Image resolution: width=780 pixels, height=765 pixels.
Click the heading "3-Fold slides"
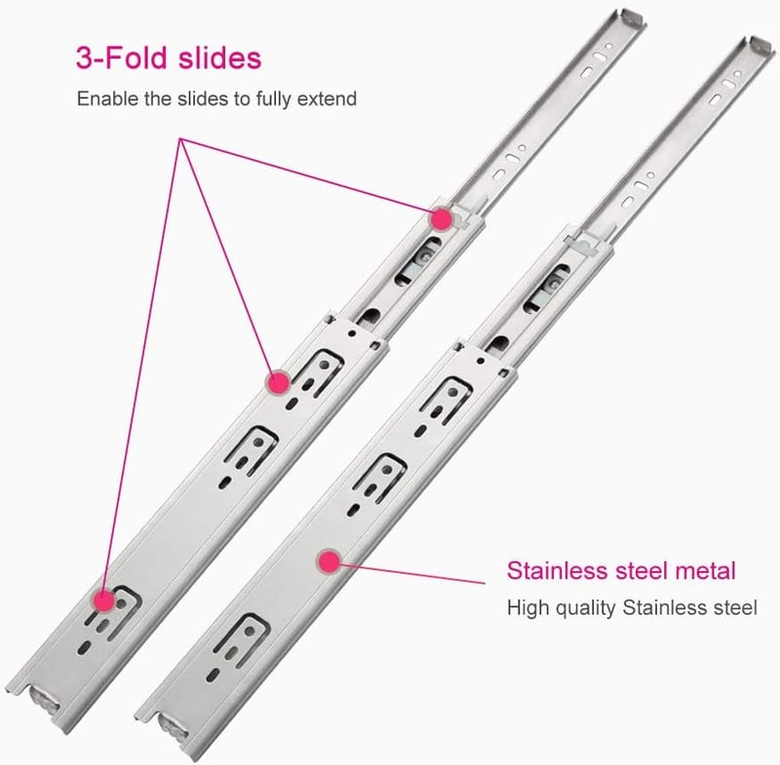pyautogui.click(x=169, y=57)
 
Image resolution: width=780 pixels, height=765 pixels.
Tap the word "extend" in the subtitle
pyautogui.click(x=327, y=98)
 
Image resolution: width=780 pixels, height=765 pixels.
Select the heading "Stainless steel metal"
pyautogui.click(x=621, y=570)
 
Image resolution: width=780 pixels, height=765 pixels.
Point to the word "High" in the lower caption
pyautogui.click(x=528, y=607)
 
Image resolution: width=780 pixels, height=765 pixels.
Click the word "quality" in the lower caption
pyautogui.click(x=586, y=608)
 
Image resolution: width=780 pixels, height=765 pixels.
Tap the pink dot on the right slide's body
pyautogui.click(x=329, y=562)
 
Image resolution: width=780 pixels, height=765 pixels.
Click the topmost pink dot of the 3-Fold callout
pyautogui.click(x=442, y=218)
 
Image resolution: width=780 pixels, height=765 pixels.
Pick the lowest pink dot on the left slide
pyautogui.click(x=104, y=600)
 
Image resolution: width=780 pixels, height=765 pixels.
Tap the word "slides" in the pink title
pyautogui.click(x=220, y=57)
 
